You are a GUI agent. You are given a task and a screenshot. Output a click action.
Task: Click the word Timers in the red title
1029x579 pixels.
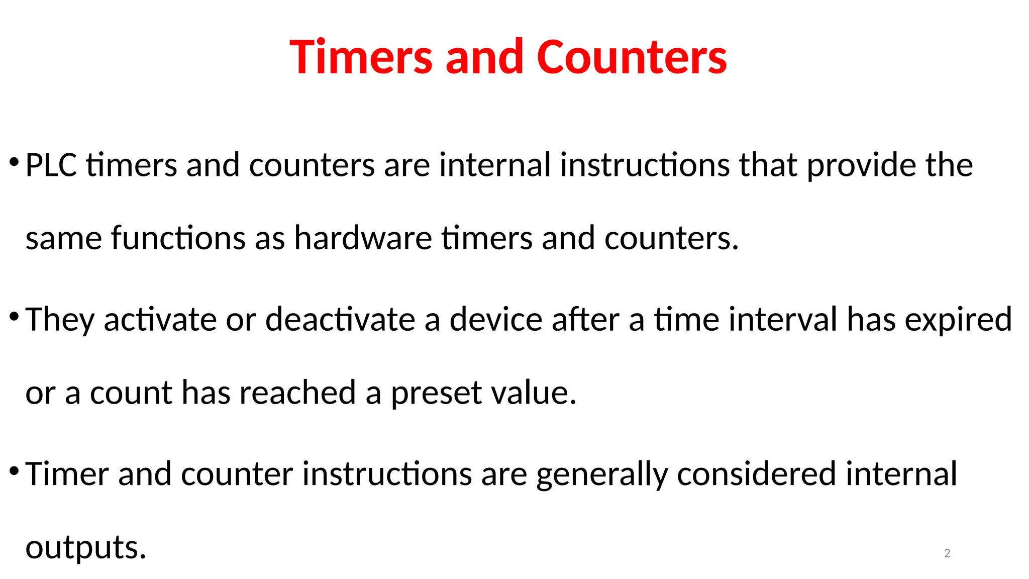tap(361, 57)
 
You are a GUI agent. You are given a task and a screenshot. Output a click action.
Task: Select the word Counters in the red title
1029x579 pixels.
tap(632, 57)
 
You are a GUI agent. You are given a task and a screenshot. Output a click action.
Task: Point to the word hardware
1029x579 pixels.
tap(363, 238)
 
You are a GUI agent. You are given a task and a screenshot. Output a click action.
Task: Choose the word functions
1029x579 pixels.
tap(178, 238)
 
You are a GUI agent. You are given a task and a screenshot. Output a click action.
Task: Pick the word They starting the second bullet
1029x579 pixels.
tap(59, 320)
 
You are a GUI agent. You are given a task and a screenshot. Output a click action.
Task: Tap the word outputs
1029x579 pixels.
tap(85, 548)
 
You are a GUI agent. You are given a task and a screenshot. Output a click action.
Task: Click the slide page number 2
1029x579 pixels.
tap(947, 553)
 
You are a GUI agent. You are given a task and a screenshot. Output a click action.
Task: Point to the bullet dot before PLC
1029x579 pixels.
tap(14, 162)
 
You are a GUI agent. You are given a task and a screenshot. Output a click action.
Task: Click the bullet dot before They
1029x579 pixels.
tap(14, 317)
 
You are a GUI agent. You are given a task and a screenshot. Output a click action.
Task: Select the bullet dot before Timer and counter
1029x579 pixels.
tap(14, 471)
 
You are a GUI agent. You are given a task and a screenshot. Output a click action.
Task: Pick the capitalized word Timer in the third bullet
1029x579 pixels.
tap(67, 474)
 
